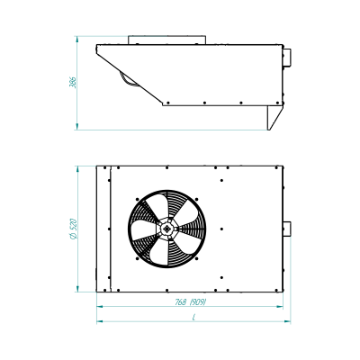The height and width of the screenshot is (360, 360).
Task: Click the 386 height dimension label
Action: click(73, 83)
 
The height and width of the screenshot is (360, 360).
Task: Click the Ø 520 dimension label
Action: click(74, 229)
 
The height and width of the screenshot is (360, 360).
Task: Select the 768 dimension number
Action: click(181, 302)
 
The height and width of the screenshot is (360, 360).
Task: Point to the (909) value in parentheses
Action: click(198, 302)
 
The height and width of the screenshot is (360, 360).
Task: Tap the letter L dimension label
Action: click(194, 317)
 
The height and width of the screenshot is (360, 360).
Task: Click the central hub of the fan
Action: click(166, 229)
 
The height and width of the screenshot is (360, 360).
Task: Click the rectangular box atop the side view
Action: click(166, 40)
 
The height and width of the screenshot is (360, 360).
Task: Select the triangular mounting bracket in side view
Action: click(274, 118)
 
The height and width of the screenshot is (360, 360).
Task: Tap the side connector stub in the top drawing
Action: click(287, 58)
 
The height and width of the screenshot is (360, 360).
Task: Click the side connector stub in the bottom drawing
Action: click(287, 229)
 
